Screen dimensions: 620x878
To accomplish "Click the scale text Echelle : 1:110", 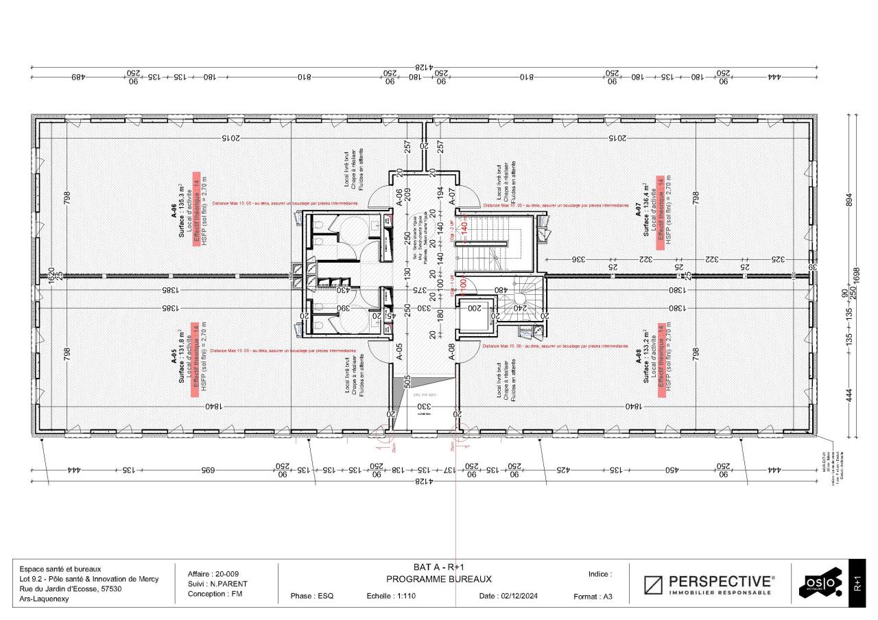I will [391, 596].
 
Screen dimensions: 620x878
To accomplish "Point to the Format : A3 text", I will [593, 597].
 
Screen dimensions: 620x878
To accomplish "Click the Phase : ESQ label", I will [312, 596].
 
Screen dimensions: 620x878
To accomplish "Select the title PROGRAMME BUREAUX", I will [439, 579].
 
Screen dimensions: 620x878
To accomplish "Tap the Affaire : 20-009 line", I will [213, 574].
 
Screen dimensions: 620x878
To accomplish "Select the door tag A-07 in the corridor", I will [452, 198].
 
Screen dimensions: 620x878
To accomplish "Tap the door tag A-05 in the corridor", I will [399, 352].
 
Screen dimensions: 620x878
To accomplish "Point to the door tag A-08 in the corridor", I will [452, 352].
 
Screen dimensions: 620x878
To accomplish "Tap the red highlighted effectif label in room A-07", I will [661, 213].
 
